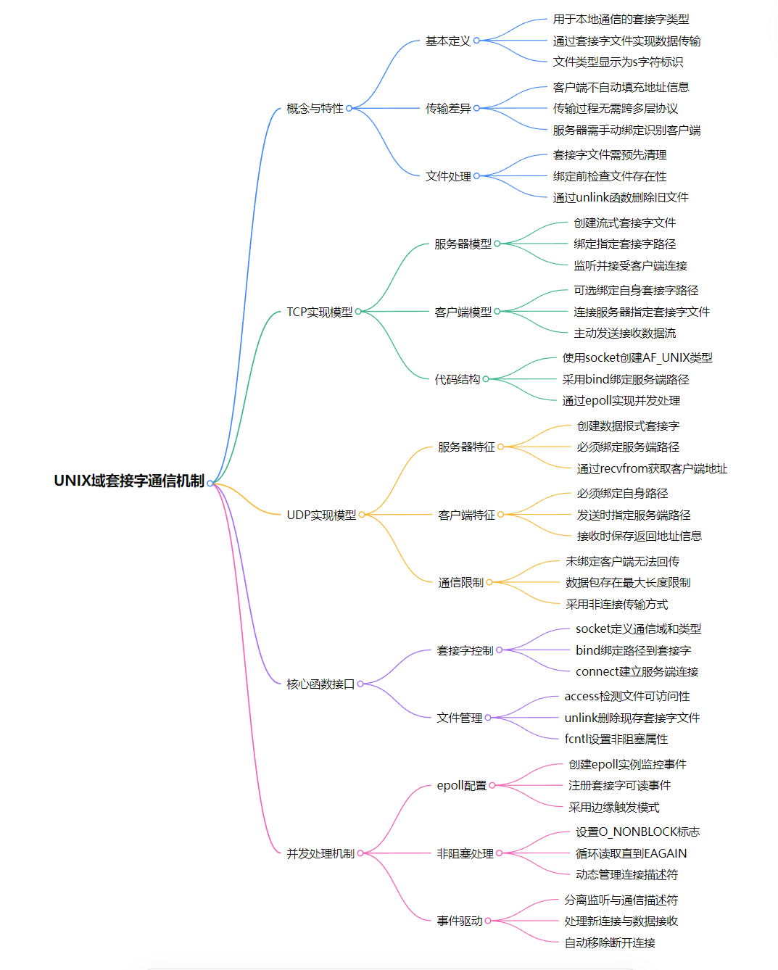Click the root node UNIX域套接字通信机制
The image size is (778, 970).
point(129,481)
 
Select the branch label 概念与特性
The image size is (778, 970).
point(315,109)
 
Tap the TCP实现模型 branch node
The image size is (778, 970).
point(319,312)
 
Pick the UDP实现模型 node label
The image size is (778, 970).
point(321,515)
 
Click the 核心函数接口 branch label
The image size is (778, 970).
point(320,684)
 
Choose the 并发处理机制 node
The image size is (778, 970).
point(320,853)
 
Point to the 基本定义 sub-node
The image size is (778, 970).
point(448,41)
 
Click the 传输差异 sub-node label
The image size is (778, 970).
point(448,109)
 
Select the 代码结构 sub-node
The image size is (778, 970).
point(458,379)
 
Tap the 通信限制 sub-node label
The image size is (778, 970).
point(460,582)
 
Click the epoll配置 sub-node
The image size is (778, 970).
point(462,785)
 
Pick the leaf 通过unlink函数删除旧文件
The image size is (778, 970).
point(621,197)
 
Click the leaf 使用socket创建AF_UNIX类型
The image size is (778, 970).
point(637,357)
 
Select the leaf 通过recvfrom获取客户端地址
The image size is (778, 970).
point(652,468)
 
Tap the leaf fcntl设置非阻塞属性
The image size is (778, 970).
point(616,739)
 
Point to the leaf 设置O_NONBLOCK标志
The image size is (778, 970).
point(637,832)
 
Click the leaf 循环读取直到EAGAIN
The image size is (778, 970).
point(631,853)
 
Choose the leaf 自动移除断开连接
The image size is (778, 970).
point(610,942)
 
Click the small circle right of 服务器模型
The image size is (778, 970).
point(497,244)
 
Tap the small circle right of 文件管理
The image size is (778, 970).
point(488,718)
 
